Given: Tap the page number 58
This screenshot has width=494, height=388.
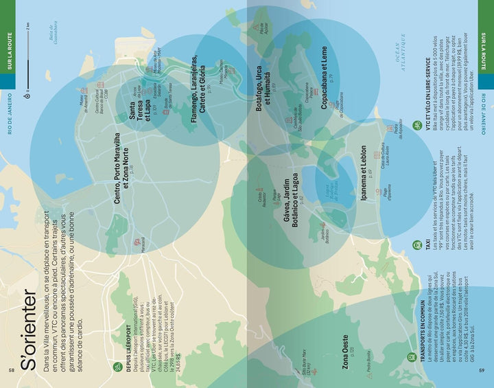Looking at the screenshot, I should (11, 371).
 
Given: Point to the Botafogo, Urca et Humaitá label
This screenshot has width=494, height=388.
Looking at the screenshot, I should (263, 93).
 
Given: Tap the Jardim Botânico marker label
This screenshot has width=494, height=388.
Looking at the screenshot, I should (320, 215).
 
